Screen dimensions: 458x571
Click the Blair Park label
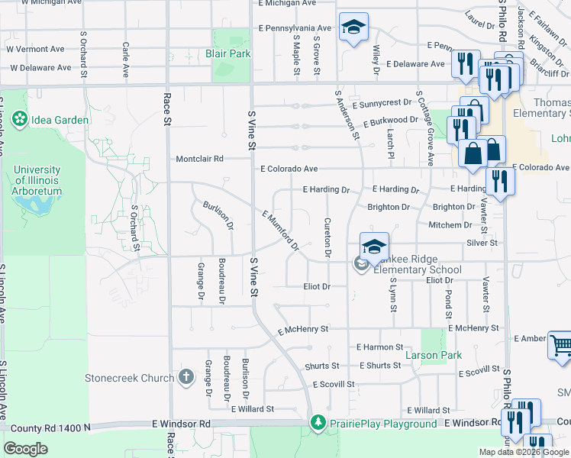(227, 54)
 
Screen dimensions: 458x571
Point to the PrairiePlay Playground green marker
(318, 423)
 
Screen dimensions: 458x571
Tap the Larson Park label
(434, 355)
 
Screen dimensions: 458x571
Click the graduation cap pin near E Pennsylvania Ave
(353, 28)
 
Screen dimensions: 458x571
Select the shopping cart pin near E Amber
(560, 346)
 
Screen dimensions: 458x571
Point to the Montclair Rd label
(199, 159)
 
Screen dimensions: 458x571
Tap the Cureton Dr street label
(327, 237)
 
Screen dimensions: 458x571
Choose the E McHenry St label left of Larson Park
(302, 330)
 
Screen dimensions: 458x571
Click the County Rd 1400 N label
(46, 427)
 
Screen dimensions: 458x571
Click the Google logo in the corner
(26, 449)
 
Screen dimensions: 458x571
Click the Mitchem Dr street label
(450, 225)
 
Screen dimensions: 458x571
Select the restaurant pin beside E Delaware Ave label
(463, 63)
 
